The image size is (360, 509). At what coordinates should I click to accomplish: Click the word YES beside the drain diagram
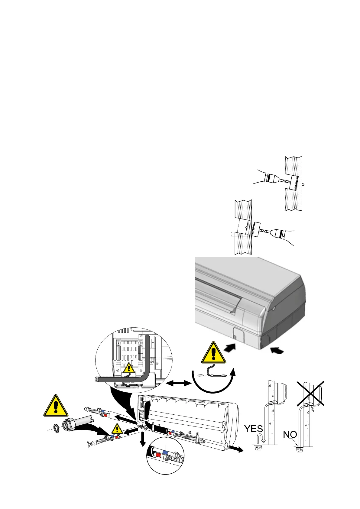pos(253,429)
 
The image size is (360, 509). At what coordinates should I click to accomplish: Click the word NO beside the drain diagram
pos(290,435)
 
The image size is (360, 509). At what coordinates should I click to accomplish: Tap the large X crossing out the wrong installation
pos(311,393)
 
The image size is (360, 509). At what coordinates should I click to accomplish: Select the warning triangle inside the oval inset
pos(129,368)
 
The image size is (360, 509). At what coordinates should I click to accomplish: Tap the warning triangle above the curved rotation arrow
pos(214,353)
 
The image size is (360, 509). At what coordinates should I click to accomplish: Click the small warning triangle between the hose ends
pos(117,429)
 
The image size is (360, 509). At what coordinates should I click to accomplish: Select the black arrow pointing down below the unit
pos(141,443)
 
